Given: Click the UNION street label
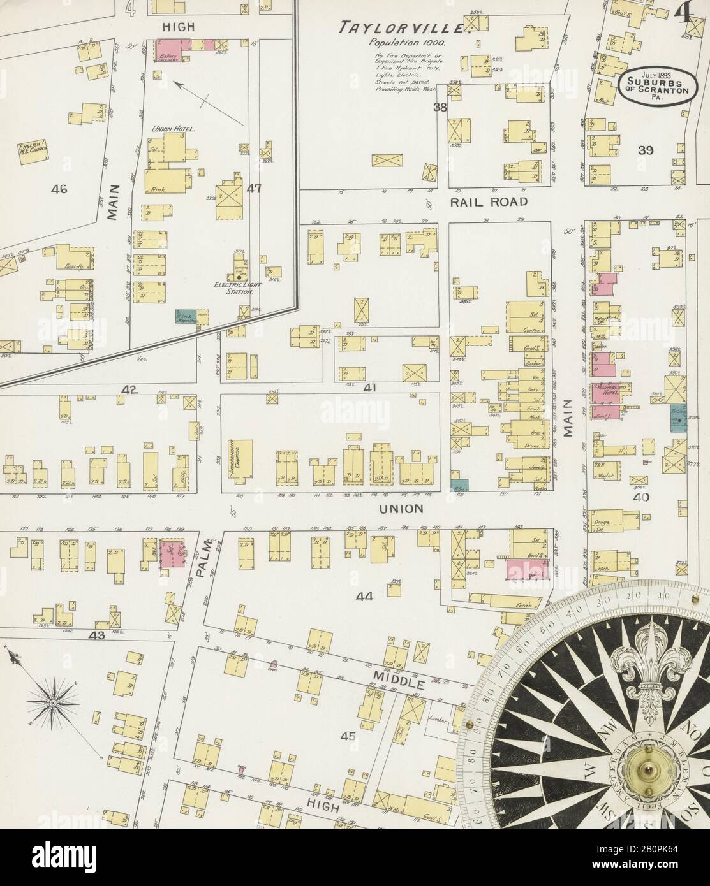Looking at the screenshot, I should [x=401, y=509].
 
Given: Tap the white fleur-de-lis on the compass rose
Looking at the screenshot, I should [x=649, y=665].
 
